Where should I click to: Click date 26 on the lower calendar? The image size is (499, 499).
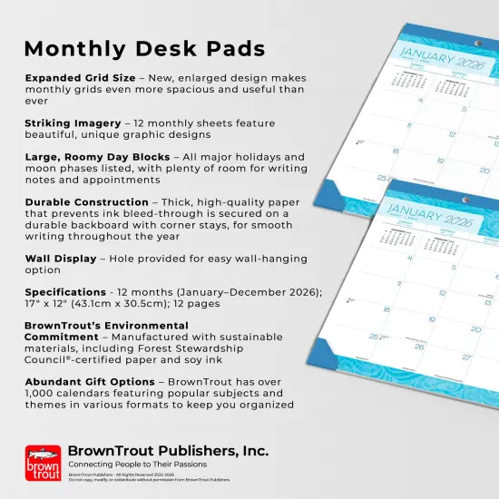click(418, 346)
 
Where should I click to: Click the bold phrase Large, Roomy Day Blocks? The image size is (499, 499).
click(98, 157)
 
